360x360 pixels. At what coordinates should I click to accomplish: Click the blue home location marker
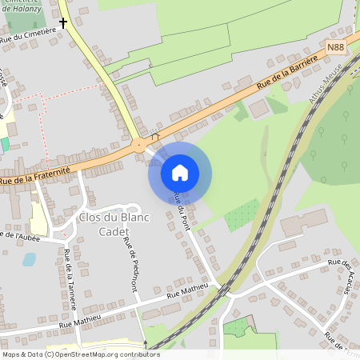[180, 172]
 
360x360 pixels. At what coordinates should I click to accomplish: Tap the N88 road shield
[336, 50]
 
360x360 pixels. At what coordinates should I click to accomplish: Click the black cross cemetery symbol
[63, 23]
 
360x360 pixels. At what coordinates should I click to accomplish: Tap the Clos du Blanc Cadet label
[103, 224]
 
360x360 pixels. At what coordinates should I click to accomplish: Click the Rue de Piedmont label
[132, 269]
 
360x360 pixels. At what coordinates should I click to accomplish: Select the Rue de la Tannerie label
[68, 275]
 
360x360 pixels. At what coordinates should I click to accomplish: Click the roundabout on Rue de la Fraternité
[139, 145]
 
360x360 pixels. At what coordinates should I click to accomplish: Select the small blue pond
[29, 259]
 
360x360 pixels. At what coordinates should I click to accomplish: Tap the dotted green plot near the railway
[242, 214]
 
